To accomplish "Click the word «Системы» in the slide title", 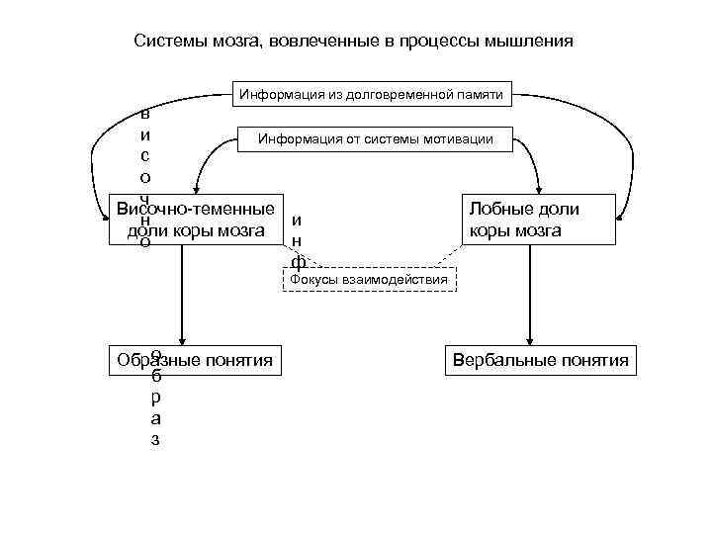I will [x=167, y=43].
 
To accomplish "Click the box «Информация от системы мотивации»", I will [x=376, y=140].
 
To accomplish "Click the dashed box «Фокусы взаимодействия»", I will [x=369, y=280].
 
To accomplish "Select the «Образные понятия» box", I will [x=195, y=360].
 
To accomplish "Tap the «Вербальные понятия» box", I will [x=540, y=360].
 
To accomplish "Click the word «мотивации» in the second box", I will [x=461, y=140].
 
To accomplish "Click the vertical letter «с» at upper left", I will [x=145, y=155].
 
